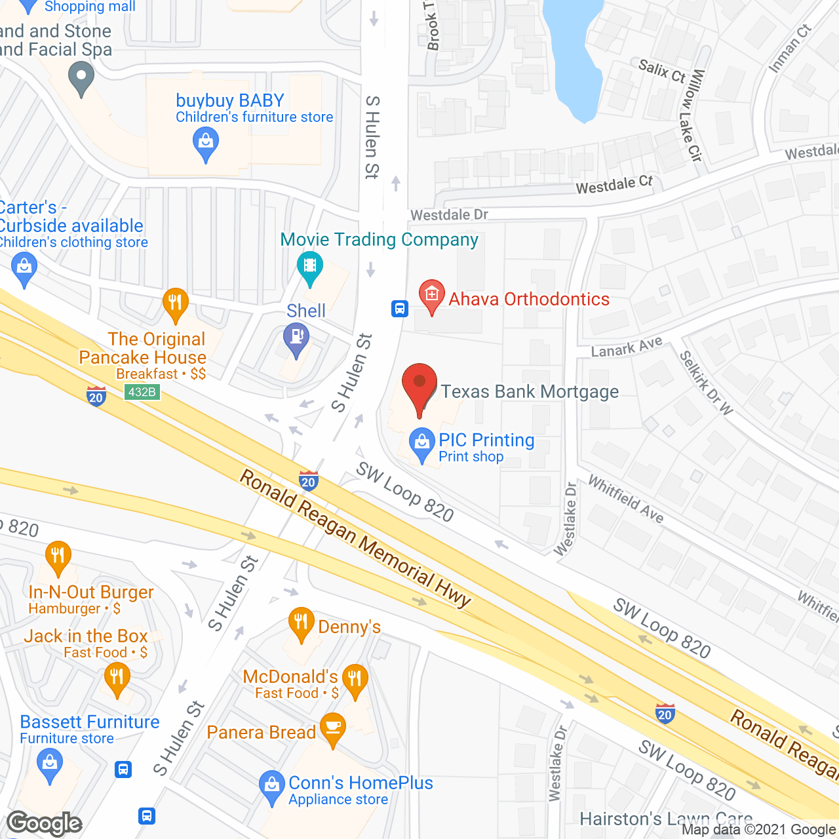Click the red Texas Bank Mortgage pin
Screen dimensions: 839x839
[x=419, y=386]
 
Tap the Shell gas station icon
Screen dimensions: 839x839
[x=296, y=339]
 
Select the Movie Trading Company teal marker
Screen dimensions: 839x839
[x=310, y=267]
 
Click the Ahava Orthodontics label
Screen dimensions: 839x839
[x=529, y=300]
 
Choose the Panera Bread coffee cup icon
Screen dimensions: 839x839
[x=333, y=728]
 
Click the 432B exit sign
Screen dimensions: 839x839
[x=142, y=392]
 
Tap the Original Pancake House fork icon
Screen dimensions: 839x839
[x=175, y=303]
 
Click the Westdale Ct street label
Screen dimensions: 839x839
[x=614, y=185]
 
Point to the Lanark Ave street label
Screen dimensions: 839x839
[x=627, y=347]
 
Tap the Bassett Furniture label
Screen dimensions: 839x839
[x=90, y=722]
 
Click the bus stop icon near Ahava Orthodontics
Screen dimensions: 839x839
[x=400, y=308]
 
